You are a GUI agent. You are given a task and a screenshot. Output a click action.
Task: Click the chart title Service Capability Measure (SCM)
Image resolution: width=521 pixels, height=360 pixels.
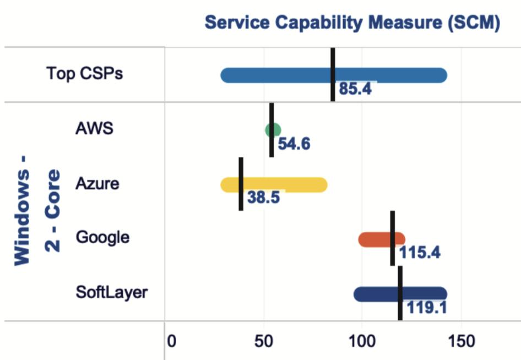pos(352,23)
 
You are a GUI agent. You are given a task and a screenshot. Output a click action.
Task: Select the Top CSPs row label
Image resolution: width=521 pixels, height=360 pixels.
pos(84,73)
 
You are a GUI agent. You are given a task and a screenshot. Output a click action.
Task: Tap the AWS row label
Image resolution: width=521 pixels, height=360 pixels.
pos(94,128)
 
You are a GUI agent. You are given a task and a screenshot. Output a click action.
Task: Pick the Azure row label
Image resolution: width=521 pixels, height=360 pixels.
pos(97,183)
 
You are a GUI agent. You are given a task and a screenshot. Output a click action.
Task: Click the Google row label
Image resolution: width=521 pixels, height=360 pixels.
pos(102,237)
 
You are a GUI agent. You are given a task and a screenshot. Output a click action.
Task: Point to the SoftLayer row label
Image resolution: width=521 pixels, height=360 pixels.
pos(111,292)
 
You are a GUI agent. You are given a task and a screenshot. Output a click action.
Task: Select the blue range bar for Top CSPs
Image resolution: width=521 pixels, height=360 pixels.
pos(275,75)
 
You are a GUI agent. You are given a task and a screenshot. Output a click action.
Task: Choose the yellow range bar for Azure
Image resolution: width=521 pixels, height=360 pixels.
pos(286,184)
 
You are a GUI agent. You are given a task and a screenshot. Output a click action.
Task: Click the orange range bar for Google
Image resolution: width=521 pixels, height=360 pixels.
pos(375,239)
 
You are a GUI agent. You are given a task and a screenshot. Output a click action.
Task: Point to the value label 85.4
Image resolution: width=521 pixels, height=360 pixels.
pos(355,89)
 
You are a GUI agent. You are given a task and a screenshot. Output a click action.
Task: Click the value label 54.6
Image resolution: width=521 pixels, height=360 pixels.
pos(294,144)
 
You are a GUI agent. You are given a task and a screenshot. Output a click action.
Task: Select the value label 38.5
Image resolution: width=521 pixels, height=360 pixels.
pos(263,198)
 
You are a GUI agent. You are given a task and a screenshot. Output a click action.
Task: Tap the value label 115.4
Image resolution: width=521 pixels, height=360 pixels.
pos(419,253)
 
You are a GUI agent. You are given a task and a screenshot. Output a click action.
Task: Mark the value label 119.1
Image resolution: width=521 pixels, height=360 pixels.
pos(426,307)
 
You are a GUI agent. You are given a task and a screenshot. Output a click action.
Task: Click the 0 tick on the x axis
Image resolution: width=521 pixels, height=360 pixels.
pos(171,341)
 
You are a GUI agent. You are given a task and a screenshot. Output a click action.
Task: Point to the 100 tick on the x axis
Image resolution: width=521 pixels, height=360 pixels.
pos(361,341)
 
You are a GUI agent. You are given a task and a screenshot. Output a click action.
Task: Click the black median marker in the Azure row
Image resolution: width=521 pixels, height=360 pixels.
pos(241,184)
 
